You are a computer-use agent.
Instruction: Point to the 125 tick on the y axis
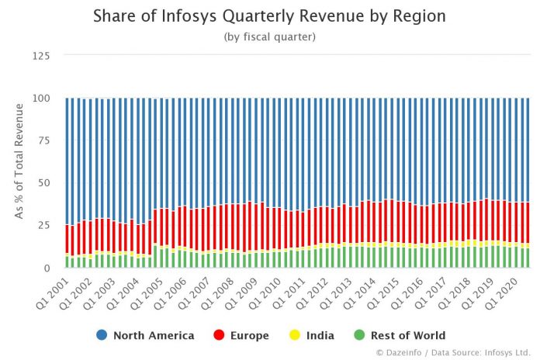(x=40, y=56)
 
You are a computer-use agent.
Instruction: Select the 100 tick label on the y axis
(x=40, y=99)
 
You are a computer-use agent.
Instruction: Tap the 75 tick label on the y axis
(x=43, y=140)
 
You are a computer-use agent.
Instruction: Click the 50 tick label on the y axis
(x=43, y=183)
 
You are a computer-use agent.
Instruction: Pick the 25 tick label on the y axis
(x=43, y=226)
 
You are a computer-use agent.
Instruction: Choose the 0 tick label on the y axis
(x=47, y=268)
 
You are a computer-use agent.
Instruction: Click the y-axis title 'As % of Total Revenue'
(x=19, y=161)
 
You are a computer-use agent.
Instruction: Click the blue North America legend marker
(x=102, y=335)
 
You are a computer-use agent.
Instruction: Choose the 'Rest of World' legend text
(x=410, y=335)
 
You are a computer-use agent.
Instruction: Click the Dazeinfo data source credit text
(x=454, y=353)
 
